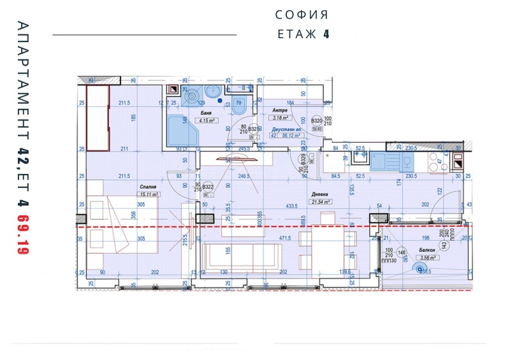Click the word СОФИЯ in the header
302,15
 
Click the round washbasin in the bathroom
191,97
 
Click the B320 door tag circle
317,120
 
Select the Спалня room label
149,187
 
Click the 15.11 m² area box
150,194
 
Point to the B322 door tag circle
208,187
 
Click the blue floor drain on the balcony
420,270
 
